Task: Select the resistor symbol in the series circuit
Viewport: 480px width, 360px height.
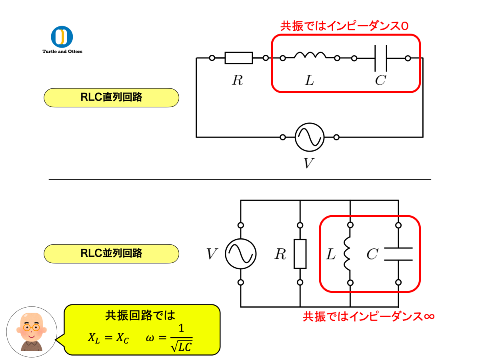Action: point(239,58)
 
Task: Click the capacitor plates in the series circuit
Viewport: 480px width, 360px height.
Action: point(380,58)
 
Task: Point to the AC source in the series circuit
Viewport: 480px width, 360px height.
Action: point(309,137)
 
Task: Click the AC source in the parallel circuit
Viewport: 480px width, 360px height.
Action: point(240,254)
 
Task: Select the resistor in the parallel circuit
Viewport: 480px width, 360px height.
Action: point(300,254)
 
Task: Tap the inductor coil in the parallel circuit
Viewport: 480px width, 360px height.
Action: point(347,254)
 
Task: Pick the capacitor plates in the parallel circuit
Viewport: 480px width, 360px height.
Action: point(398,254)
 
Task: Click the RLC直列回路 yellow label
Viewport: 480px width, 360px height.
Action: point(111,97)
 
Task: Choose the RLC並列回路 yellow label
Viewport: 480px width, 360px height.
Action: point(111,253)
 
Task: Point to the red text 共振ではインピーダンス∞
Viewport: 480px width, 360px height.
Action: point(368,316)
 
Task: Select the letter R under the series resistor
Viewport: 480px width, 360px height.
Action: point(237,80)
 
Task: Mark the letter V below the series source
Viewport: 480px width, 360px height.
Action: point(308,163)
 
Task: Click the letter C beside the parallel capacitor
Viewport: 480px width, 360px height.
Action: point(372,254)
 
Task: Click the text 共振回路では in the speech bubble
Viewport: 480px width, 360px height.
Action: point(140,316)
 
